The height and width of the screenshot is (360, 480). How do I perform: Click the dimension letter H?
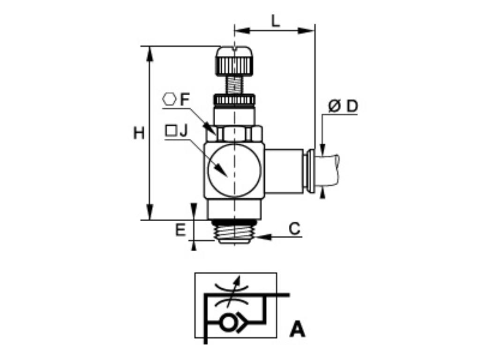point(139,134)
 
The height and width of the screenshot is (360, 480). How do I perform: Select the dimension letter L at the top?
point(276,21)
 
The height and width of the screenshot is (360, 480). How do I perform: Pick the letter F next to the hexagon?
point(185,99)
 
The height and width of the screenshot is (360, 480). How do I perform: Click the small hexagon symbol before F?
point(169,99)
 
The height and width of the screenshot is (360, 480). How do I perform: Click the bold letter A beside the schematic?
point(297,330)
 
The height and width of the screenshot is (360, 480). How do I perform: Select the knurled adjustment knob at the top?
point(234,61)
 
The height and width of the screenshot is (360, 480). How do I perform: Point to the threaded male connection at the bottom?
point(234,231)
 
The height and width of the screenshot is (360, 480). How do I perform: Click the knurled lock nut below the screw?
point(234,100)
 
